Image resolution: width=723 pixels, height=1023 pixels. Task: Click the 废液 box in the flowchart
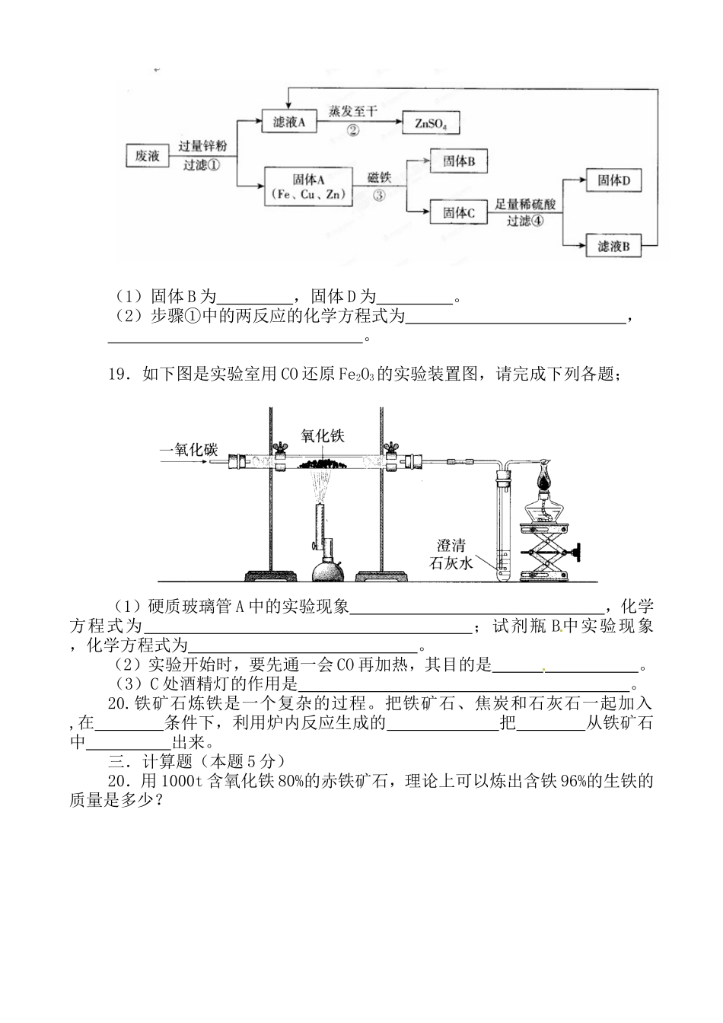point(147,156)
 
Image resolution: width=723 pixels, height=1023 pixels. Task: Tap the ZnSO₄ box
point(431,123)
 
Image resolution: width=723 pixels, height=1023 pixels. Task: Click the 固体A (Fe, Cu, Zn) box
point(308,186)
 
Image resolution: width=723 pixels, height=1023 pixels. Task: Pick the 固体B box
point(459,161)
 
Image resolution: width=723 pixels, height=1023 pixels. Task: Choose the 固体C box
point(459,214)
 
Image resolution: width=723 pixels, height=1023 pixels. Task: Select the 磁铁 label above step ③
point(379,177)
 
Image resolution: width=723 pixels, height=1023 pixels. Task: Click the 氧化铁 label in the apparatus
point(323,436)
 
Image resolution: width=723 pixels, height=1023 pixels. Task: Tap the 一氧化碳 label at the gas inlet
point(189,450)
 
